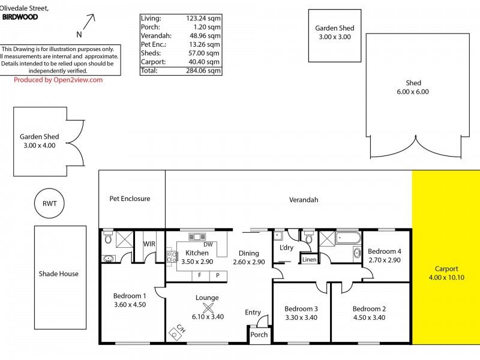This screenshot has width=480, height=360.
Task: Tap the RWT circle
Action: [49, 203]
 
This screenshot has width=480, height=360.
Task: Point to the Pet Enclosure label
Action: [130, 199]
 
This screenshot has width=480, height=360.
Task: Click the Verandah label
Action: [304, 200]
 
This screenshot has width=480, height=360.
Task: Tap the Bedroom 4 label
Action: [383, 251]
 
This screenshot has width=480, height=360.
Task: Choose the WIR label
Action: [149, 244]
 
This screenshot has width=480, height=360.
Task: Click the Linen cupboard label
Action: [309, 260]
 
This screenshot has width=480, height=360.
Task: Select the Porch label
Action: [259, 335]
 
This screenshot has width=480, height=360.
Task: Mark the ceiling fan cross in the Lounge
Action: [208, 308]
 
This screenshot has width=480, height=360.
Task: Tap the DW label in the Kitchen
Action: [208, 244]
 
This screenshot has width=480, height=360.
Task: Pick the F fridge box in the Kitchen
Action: [199, 275]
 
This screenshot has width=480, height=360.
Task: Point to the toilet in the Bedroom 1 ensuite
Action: [108, 238]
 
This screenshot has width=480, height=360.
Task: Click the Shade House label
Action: [59, 274]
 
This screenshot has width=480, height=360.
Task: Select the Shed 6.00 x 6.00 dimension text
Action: [413, 92]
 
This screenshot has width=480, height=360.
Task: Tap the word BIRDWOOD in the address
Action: [20, 17]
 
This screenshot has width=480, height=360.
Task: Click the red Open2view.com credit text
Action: [58, 80]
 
